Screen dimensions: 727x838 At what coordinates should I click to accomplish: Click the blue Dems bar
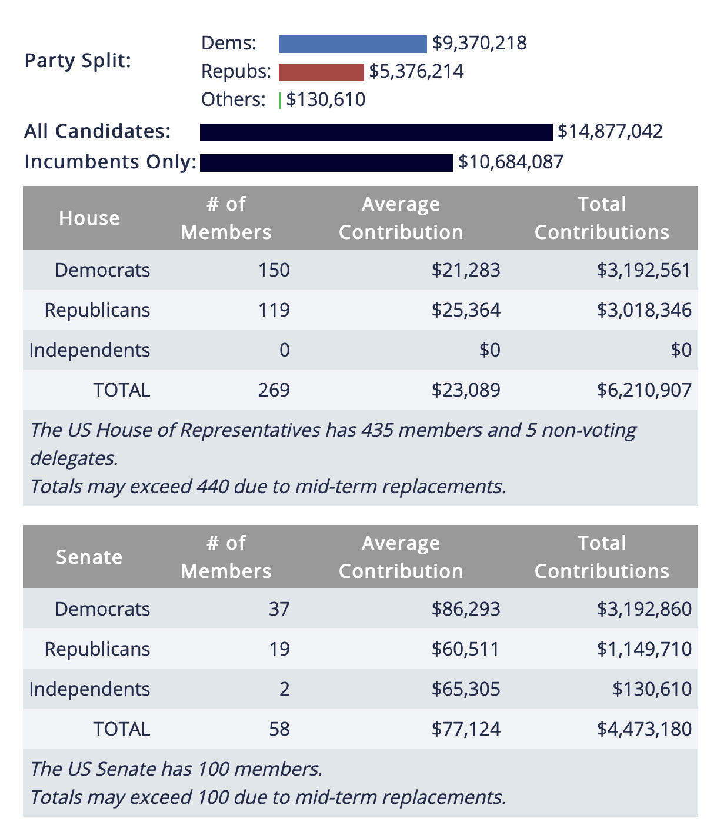(352, 44)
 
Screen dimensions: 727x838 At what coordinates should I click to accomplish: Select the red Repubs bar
(321, 72)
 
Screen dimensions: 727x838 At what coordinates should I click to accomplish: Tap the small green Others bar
(280, 101)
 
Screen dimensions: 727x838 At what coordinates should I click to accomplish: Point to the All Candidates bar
(376, 132)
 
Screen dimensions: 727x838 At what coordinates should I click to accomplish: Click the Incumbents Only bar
(326, 162)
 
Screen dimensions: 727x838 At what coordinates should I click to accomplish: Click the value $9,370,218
(479, 43)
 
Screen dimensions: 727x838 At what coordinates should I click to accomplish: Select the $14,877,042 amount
(610, 131)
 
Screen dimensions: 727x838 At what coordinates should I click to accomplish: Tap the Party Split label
(78, 61)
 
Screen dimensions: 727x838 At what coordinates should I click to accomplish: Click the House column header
(89, 218)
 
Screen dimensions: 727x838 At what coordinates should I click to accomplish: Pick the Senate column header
(89, 557)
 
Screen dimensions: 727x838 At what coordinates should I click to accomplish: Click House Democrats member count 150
(274, 270)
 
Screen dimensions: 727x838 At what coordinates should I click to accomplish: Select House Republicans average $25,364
(466, 310)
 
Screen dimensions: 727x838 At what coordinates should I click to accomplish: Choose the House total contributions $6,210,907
(644, 390)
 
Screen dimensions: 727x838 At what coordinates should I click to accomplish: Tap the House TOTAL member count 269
(274, 390)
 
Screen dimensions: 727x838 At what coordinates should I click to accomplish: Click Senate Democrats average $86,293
(466, 609)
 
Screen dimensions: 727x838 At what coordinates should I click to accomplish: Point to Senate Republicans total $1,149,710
(644, 649)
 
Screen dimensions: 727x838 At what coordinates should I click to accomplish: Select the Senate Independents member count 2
(285, 689)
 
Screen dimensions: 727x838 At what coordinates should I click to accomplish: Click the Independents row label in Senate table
(89, 689)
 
